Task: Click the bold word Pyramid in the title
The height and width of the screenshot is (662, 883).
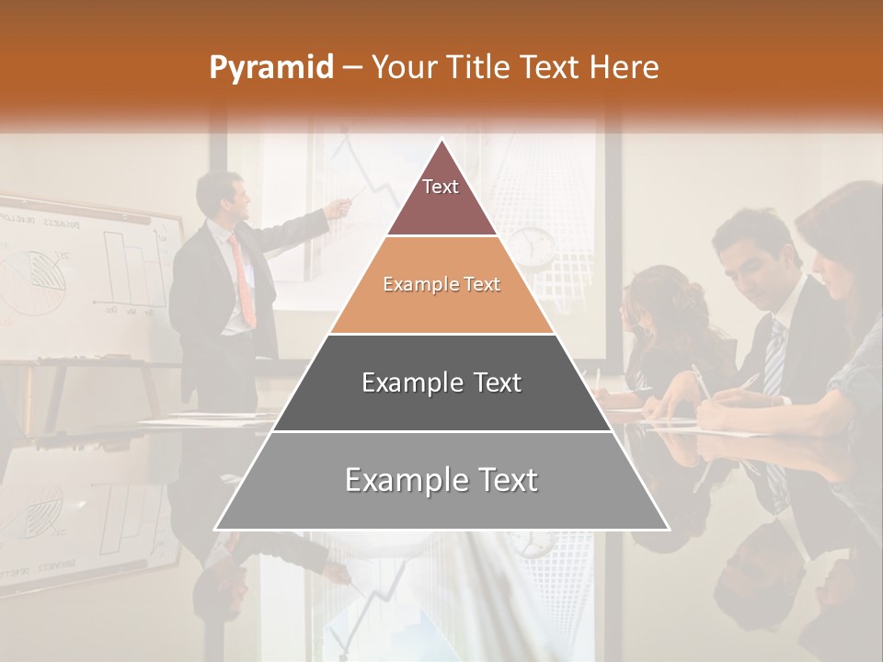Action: click(270, 68)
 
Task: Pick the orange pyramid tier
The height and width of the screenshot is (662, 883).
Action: click(441, 286)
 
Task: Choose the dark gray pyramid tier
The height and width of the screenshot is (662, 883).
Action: click(441, 382)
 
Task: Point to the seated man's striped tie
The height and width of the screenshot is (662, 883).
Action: click(775, 359)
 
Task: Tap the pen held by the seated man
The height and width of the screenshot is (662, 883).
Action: click(748, 382)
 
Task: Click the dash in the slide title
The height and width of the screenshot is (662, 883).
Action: click(352, 68)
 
